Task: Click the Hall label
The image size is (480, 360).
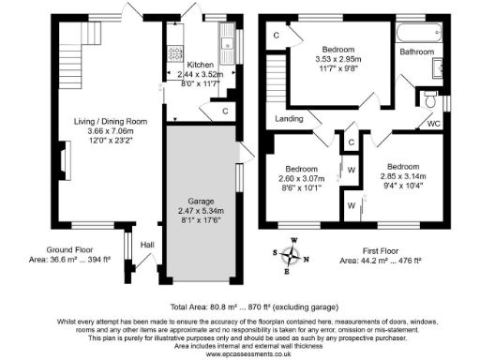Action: point(147,245)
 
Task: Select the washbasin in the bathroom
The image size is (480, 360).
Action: point(438,70)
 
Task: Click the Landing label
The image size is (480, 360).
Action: point(290,119)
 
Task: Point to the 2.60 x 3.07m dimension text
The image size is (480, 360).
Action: point(301,178)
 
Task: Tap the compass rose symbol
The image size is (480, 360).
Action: point(292,252)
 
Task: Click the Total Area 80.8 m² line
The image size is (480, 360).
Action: point(239,307)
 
